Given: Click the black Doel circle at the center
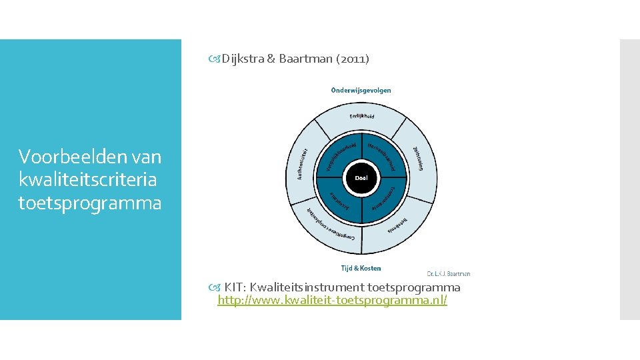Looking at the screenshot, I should pos(361,179).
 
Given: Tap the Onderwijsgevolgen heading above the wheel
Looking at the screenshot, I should pos(361,90).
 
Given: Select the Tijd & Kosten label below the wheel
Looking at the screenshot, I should pos(361,268).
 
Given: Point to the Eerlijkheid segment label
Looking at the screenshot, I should pos(361,117).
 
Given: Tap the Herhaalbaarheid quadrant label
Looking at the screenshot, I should pos(383,155).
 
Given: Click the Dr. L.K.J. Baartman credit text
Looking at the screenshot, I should pos(448,273).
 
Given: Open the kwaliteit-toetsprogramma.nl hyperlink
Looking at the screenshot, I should pos(332,301).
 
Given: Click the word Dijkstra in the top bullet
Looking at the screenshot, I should pos(243,59).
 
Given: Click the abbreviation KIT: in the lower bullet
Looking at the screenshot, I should pos(235,287).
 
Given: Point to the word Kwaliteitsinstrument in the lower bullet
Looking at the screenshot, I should pos(307,287).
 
